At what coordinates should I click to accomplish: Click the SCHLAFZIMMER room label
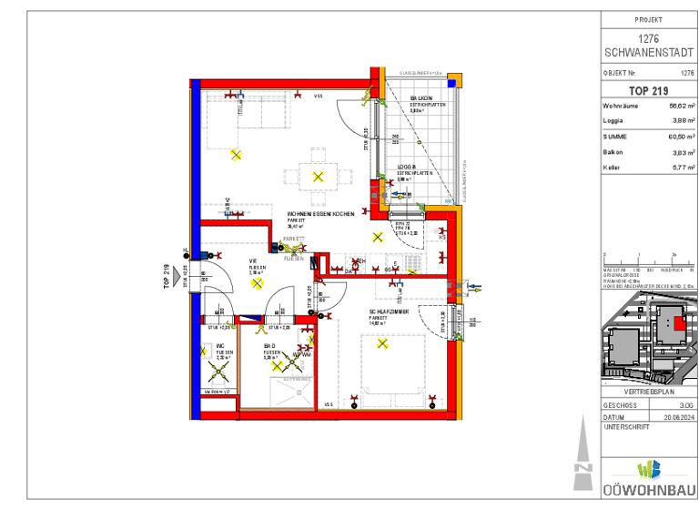[x=388, y=311]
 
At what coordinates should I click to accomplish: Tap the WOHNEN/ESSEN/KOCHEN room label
[x=320, y=213]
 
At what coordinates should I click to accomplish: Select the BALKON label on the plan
[x=420, y=97]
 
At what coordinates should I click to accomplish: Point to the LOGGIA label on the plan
[x=407, y=167]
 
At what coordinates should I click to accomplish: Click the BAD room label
[x=270, y=346]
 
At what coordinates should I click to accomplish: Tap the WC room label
[x=220, y=346]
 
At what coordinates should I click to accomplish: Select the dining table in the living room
[x=318, y=176]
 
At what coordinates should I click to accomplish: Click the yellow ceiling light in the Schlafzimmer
[x=384, y=344]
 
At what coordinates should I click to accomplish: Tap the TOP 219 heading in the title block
[x=649, y=91]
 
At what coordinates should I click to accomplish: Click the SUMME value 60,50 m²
[x=674, y=137]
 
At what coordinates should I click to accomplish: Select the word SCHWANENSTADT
[x=649, y=51]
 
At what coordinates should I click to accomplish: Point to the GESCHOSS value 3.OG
[x=685, y=404]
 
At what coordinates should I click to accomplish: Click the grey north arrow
[x=583, y=455]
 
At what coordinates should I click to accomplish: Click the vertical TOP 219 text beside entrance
[x=167, y=275]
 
